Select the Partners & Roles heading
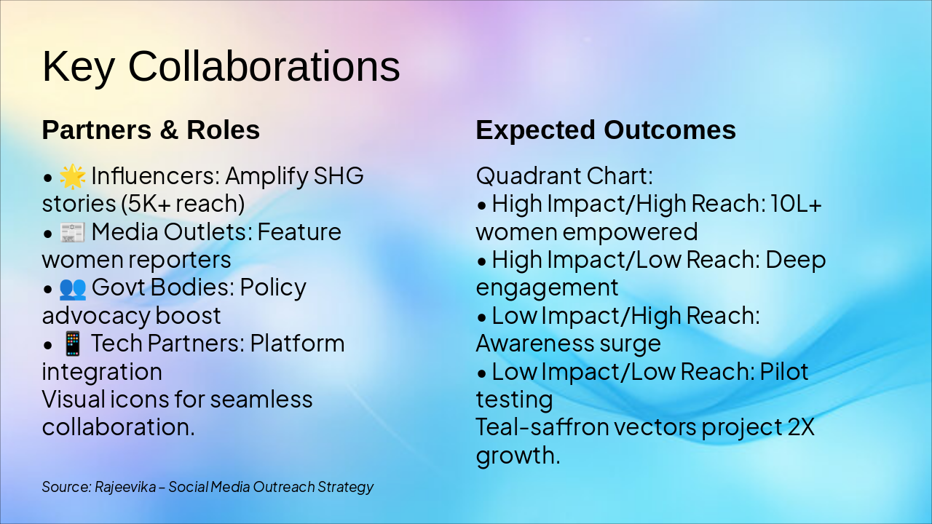(151, 130)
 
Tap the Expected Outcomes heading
(606, 130)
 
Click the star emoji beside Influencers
(72, 176)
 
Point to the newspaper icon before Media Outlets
(72, 232)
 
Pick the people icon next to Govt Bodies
(72, 288)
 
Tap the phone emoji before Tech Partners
(72, 344)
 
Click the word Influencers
(156, 176)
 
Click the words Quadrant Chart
(564, 176)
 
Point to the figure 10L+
(796, 204)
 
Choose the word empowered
(630, 232)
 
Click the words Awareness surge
(569, 344)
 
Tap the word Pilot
(784, 371)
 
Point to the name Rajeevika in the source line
(125, 487)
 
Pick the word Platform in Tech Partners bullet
(297, 344)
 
